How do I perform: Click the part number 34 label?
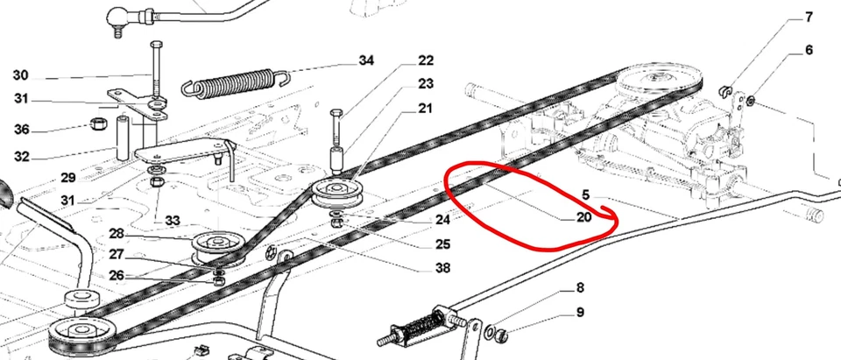click(x=365, y=60)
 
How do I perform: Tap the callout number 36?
click(x=21, y=130)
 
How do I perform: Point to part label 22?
click(x=426, y=60)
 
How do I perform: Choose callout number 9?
click(x=580, y=312)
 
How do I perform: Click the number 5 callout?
click(x=586, y=194)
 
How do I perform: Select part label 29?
click(x=68, y=178)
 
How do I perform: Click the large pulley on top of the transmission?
click(x=658, y=85)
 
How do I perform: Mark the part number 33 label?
click(x=172, y=219)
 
